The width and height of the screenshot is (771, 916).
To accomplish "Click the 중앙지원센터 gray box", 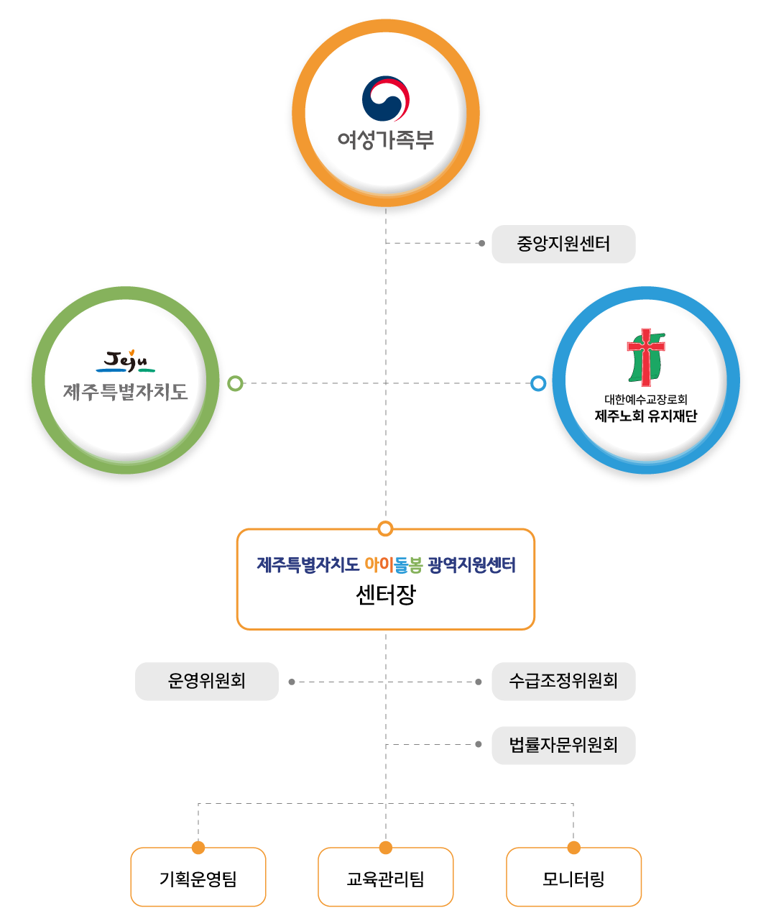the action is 563,244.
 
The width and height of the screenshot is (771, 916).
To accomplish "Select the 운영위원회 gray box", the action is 206,681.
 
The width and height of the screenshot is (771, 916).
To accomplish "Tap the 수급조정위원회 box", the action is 563,681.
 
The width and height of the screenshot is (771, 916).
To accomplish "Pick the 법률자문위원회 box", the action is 563,745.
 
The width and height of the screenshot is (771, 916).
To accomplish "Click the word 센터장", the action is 385,595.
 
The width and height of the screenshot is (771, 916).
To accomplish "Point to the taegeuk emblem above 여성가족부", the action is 385,99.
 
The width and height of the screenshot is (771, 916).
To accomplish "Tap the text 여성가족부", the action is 385,140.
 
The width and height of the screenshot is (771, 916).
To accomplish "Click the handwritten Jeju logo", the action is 126,361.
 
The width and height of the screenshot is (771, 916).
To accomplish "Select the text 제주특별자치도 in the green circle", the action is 126,392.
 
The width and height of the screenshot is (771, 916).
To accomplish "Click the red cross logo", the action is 646,357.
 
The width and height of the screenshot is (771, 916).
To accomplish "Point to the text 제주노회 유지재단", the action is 645,416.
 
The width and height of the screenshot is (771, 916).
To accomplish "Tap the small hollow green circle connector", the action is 236,383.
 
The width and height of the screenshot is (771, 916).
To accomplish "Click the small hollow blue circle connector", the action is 538,383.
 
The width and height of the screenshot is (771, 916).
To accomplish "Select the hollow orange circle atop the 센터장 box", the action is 385,528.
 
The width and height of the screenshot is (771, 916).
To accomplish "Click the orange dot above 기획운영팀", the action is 198,848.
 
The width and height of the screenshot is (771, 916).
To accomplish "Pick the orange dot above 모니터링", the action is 573,848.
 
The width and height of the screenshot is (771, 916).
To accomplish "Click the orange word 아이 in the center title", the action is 379,564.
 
